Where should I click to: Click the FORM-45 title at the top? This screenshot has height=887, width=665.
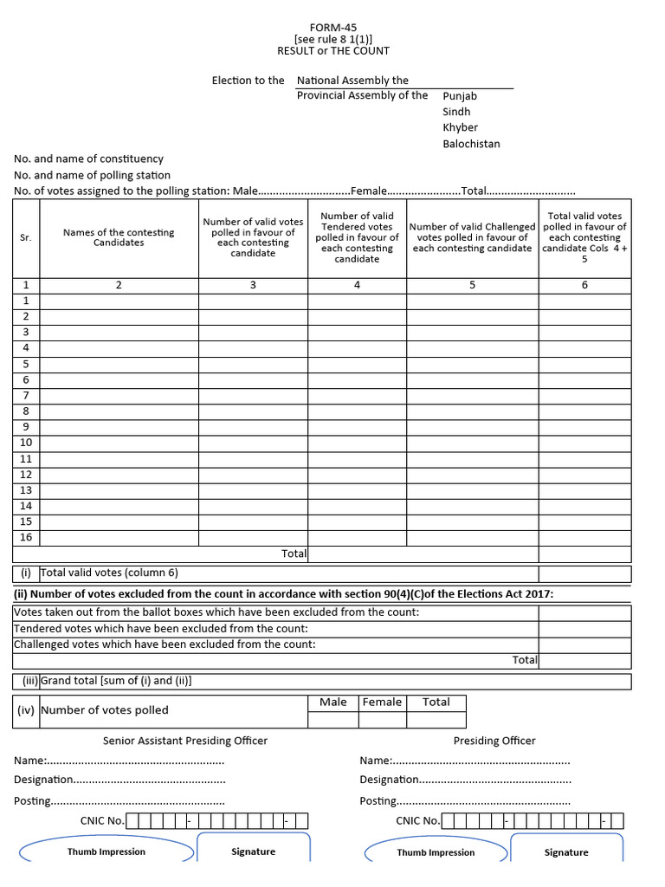point(332,28)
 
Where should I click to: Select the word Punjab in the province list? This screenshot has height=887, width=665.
point(460,96)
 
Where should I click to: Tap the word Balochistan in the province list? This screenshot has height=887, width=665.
point(471,144)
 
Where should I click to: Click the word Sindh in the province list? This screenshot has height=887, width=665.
point(457,112)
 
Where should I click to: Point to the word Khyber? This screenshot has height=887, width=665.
point(460,127)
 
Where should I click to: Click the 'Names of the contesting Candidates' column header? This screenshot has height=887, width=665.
point(119,237)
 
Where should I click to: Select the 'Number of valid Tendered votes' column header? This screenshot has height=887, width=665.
point(357,237)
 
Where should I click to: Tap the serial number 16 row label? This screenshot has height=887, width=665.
point(26,537)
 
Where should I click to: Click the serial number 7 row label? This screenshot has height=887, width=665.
point(26,395)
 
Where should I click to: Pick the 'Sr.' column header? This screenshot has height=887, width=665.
point(26,237)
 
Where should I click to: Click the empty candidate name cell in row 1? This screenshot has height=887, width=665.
point(119,301)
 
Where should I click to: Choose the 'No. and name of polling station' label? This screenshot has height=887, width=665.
point(92,175)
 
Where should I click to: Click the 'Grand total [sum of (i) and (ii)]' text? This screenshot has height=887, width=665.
point(116,681)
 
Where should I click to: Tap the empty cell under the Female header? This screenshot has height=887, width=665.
point(382,719)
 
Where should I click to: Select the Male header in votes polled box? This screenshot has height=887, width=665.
point(333,702)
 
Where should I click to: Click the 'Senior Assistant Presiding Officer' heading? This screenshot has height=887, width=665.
point(185,741)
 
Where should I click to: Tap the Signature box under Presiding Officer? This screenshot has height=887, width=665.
point(566,851)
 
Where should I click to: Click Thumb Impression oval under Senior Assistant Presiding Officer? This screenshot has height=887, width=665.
point(107,851)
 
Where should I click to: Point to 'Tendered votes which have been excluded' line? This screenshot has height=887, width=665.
point(161,628)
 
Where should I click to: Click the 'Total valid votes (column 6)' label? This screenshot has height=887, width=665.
point(109,573)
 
